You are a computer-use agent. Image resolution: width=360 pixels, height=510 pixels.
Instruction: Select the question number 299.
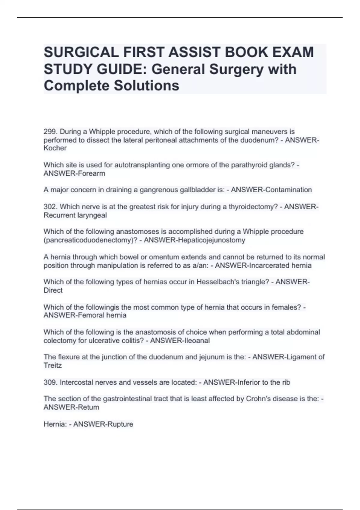(x=50, y=132)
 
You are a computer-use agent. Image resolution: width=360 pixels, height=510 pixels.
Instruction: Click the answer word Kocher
(x=55, y=148)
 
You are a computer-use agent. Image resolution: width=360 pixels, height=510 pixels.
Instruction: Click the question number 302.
(x=50, y=207)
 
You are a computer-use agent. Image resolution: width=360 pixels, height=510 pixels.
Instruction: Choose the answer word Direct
(x=53, y=290)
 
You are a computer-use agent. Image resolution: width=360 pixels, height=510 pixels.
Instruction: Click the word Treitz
(x=52, y=365)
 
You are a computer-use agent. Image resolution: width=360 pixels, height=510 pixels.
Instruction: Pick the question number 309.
(x=50, y=382)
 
